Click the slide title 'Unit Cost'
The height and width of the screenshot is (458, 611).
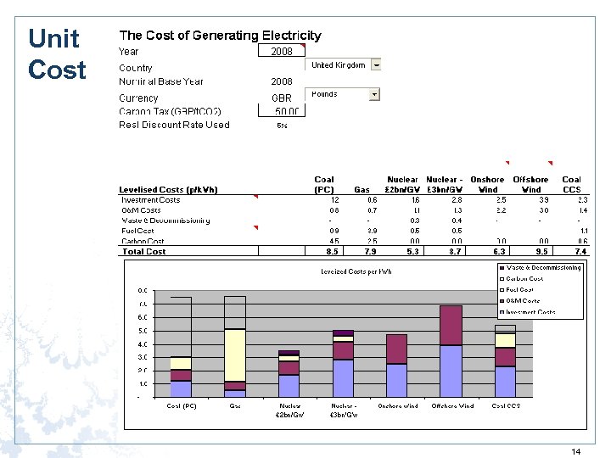(56, 54)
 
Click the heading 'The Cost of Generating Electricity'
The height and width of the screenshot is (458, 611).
(220, 36)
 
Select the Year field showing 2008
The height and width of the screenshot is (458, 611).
(281, 52)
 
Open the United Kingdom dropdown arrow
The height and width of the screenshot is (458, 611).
(376, 64)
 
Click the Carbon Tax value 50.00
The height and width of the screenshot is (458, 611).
(286, 111)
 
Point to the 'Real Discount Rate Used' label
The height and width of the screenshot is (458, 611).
(174, 125)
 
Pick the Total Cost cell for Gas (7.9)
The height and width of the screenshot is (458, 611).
(369, 251)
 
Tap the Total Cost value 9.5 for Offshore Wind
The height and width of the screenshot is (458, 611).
(531, 251)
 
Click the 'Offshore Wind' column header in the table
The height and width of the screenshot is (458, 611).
(532, 184)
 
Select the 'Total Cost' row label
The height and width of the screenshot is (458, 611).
(144, 251)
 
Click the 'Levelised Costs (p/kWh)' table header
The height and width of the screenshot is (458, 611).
(168, 189)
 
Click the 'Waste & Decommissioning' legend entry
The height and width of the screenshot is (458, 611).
(544, 267)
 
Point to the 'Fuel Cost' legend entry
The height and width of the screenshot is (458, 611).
(521, 289)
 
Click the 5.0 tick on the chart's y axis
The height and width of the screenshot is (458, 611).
(143, 331)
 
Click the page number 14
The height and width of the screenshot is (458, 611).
(576, 452)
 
